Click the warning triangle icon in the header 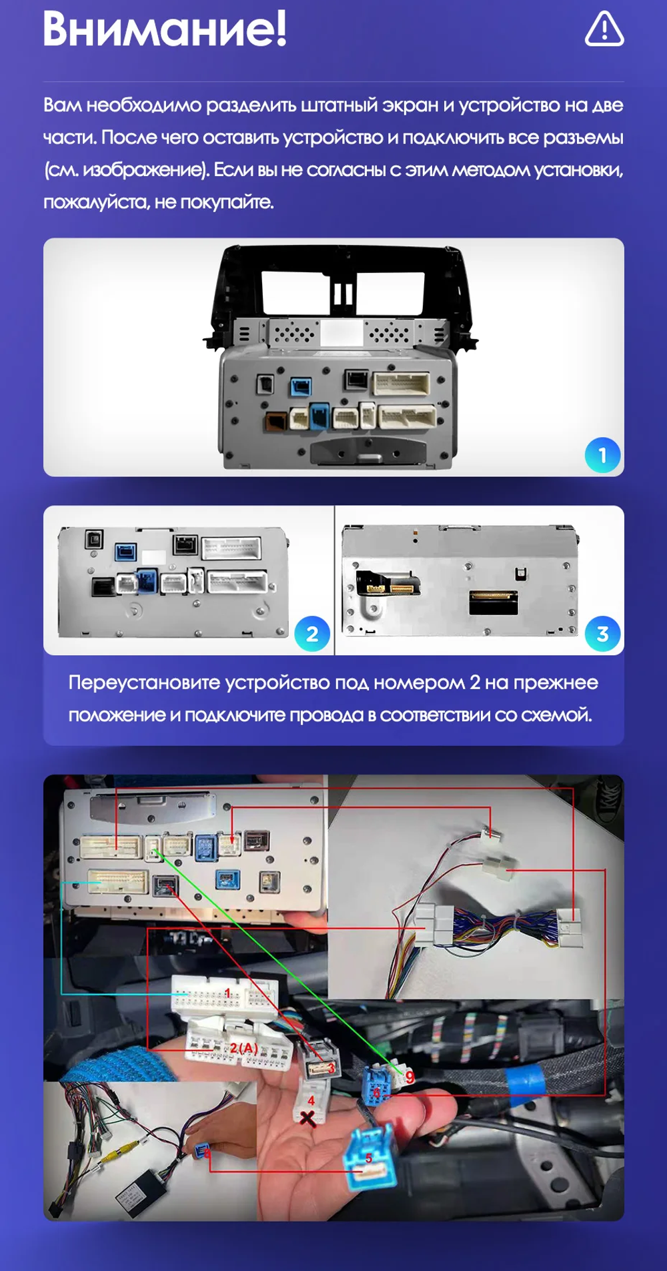pos(604,29)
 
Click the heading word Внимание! pos(165,29)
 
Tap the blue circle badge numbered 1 pos(602,455)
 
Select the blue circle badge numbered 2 pos(312,633)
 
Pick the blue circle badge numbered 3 pos(602,633)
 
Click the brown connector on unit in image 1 pos(276,420)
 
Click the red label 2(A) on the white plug pos(243,1048)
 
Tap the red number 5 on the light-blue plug pos(368,1158)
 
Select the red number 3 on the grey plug pos(330,1068)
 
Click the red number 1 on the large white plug pos(227,993)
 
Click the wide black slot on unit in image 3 pos(494,602)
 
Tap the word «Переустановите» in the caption pos(144,683)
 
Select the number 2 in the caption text pos(475,683)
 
